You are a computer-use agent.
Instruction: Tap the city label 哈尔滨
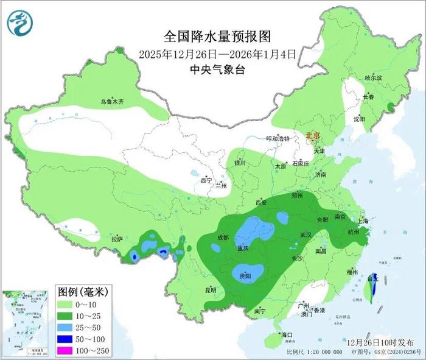point(373,78)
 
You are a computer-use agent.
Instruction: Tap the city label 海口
point(287,335)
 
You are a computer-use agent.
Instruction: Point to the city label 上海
point(366,221)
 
